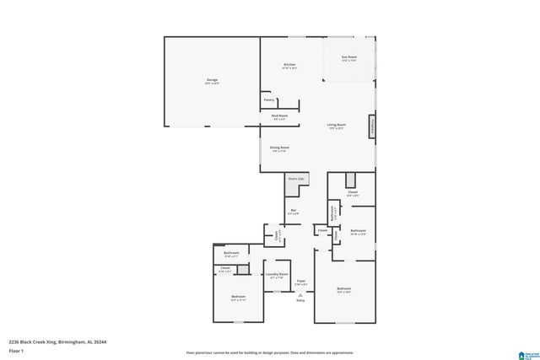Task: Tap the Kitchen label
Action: coord(289,65)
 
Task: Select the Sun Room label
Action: coord(348,57)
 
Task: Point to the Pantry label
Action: coord(269,99)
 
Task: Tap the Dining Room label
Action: coord(279,148)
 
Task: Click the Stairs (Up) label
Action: coord(295,179)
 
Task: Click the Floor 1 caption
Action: coord(15,350)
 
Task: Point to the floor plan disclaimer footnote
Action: coord(270,352)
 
